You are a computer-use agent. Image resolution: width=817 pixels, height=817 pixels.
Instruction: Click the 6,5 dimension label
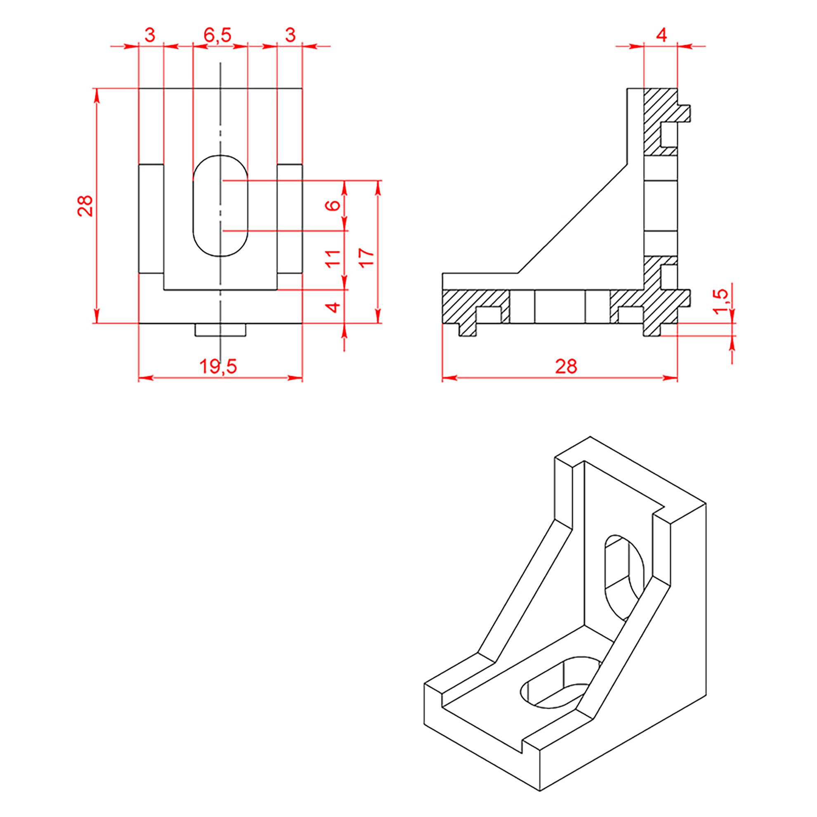click(x=217, y=35)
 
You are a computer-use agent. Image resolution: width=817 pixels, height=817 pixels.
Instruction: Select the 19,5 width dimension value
click(x=218, y=366)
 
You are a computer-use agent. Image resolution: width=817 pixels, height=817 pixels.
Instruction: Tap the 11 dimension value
click(x=333, y=258)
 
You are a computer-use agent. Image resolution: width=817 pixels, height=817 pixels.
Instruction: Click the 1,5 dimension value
click(x=720, y=302)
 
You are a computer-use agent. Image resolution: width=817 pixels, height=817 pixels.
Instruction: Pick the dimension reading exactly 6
click(x=333, y=205)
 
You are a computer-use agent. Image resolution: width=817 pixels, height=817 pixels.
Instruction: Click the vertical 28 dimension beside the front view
click(x=85, y=206)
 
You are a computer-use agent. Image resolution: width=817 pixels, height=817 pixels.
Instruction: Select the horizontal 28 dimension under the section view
click(x=566, y=366)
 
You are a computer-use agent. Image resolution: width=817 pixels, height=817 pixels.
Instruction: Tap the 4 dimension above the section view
click(x=662, y=35)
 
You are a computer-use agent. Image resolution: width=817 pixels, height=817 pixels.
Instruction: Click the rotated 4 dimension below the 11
click(x=333, y=307)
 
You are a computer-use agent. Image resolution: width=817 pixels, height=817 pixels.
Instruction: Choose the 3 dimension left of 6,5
click(x=150, y=35)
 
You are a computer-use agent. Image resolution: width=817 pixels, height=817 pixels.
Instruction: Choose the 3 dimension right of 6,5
click(x=290, y=35)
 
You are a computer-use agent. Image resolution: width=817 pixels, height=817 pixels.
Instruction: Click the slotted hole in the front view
click(x=220, y=206)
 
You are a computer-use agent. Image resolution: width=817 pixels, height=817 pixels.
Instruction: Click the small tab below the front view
click(x=220, y=330)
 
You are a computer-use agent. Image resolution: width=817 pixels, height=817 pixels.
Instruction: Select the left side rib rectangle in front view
click(x=151, y=219)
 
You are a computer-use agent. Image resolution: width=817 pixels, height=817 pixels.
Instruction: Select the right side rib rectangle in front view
click(x=290, y=219)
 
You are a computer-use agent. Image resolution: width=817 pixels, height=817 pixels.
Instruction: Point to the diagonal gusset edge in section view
click(x=572, y=219)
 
